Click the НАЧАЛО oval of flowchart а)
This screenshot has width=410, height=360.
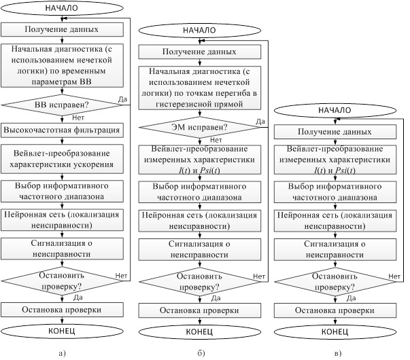(x=62, y=8)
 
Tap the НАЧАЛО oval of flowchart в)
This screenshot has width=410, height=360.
(x=335, y=110)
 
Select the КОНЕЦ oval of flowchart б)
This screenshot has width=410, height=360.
(x=199, y=331)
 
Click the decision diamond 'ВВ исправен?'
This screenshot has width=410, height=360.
(x=62, y=105)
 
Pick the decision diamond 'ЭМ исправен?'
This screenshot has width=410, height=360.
(x=199, y=127)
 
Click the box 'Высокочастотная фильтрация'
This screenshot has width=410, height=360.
(x=62, y=130)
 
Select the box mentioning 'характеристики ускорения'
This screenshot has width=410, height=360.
(x=62, y=159)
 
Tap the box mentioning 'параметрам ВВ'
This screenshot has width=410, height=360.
(x=62, y=65)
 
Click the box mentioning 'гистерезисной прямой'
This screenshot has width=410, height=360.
(x=199, y=88)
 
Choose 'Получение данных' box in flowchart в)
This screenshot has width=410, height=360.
(x=335, y=132)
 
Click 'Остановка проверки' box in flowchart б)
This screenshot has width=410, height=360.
(x=199, y=310)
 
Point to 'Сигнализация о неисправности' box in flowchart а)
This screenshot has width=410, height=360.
(x=62, y=249)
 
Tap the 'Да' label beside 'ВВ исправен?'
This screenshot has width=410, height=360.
(x=122, y=99)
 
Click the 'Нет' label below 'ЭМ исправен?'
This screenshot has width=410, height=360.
(x=216, y=140)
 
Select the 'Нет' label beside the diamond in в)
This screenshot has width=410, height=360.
(x=394, y=276)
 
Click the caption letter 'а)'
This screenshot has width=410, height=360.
(x=62, y=353)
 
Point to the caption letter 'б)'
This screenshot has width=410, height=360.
(x=201, y=353)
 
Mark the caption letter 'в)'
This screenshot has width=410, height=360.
(x=337, y=353)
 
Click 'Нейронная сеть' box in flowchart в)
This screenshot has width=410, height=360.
(x=335, y=221)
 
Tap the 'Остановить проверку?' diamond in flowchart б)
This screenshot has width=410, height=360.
(x=199, y=282)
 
